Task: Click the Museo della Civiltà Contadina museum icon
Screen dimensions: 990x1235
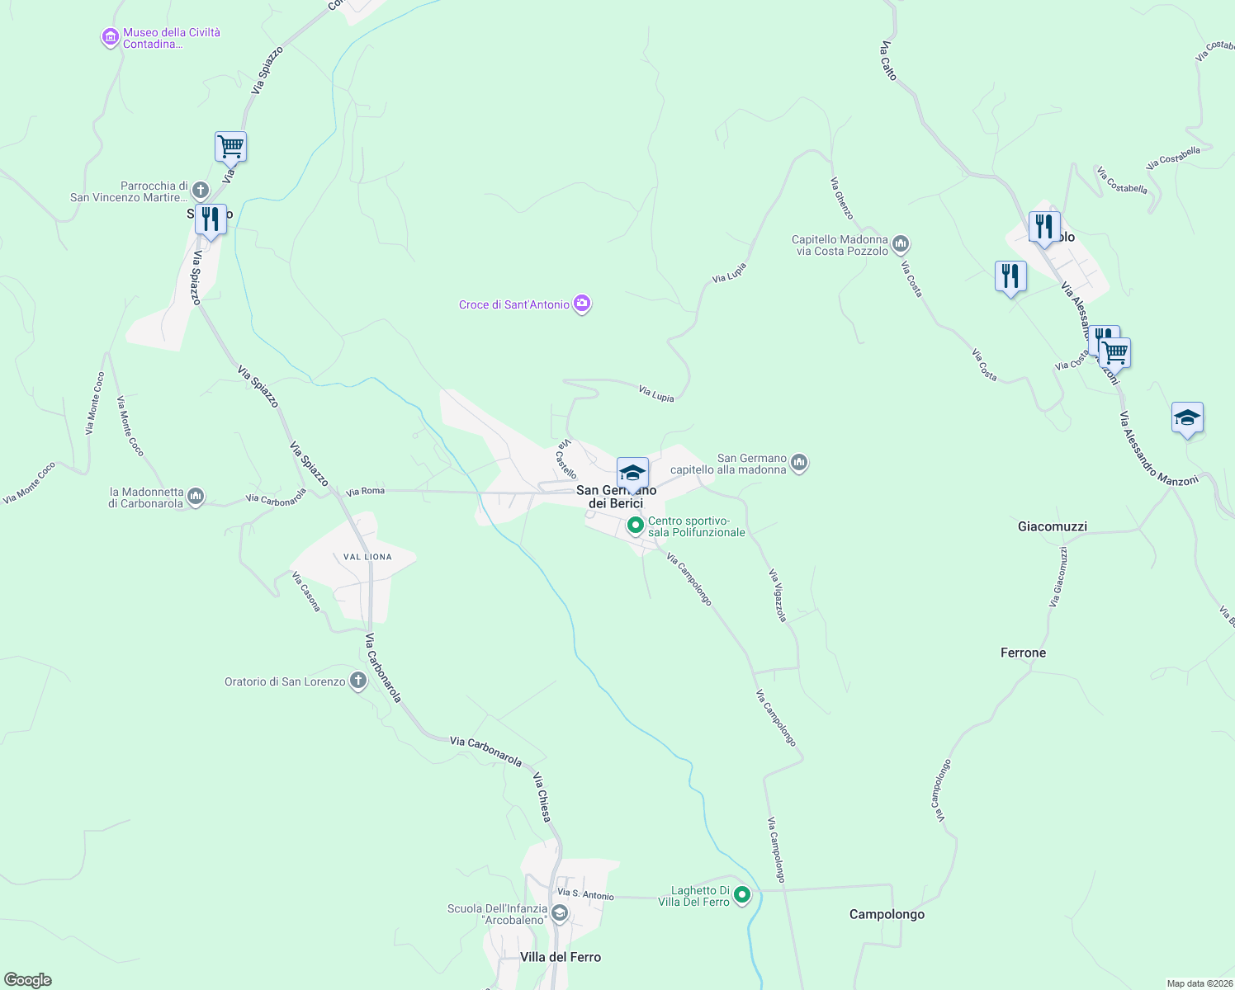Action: pos(110,38)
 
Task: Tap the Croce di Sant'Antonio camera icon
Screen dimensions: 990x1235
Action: pos(582,304)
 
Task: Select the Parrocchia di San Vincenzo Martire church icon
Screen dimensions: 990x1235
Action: pos(200,191)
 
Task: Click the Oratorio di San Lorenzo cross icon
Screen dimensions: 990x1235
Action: pos(357,681)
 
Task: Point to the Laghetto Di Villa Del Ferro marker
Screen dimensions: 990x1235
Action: pos(742,895)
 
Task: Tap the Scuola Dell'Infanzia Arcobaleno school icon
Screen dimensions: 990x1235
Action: pos(559,912)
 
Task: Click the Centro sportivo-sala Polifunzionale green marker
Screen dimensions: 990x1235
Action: pos(635,525)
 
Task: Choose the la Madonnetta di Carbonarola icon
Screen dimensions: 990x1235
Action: pos(196,497)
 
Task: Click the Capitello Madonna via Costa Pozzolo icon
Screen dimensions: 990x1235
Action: pos(901,244)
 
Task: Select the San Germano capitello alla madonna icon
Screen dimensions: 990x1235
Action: pos(798,463)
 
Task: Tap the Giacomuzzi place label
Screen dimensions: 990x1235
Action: pos(1053,526)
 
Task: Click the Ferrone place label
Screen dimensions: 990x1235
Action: pos(1023,653)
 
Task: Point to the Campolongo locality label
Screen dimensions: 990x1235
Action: pos(887,914)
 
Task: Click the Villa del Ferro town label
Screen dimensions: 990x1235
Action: pos(561,957)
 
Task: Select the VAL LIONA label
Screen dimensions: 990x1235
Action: pos(367,557)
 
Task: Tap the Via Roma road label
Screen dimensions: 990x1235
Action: pos(365,492)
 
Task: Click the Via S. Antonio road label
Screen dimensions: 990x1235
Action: pos(585,894)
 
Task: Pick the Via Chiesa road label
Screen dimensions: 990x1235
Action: pos(542,797)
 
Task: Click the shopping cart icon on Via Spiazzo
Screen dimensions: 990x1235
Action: pos(230,147)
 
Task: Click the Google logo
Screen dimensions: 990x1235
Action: pos(28,980)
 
